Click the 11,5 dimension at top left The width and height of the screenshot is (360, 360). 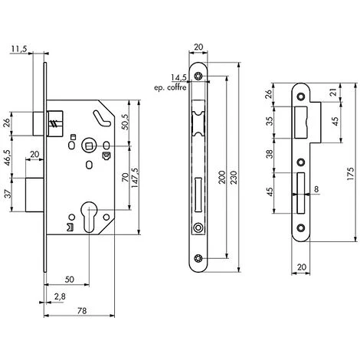pyautogui.click(x=19, y=49)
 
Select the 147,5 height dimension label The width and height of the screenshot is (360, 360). pyautogui.click(x=135, y=178)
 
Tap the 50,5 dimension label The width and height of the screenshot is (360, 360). pyautogui.click(x=126, y=122)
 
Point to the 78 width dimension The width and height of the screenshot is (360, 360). pyautogui.click(x=82, y=311)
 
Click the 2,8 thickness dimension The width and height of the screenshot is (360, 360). pyautogui.click(x=60, y=296)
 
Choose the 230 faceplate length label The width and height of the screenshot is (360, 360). pyautogui.click(x=234, y=177)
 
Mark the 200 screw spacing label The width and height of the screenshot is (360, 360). pyautogui.click(x=222, y=177)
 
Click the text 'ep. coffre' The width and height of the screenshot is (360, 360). pyautogui.click(x=170, y=88)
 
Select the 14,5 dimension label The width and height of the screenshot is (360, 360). pyautogui.click(x=179, y=77)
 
